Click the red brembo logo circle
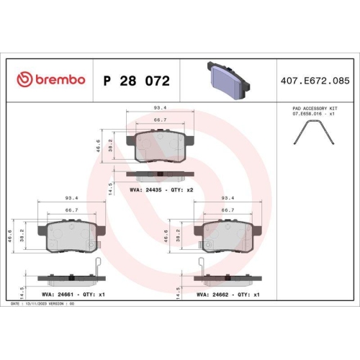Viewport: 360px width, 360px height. [24, 79]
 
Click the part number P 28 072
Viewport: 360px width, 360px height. [137, 81]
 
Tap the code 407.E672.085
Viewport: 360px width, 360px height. [315, 81]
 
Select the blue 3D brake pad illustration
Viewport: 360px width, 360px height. [228, 80]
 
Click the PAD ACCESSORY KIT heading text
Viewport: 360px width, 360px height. [315, 109]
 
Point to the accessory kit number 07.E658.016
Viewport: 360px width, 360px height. [307, 114]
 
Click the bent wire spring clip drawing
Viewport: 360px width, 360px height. [314, 132]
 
